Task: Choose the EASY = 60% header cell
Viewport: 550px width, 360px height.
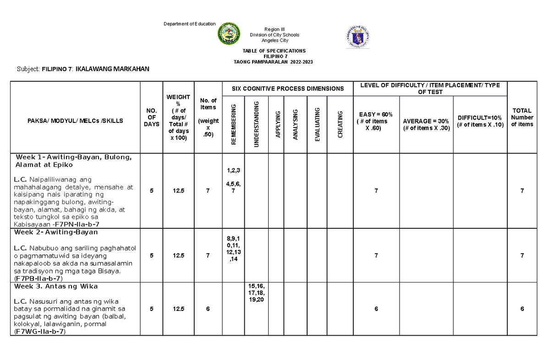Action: pos(376,121)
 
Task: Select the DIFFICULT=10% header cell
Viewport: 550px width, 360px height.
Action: pos(480,122)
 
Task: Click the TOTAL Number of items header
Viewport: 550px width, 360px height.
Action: pos(522,117)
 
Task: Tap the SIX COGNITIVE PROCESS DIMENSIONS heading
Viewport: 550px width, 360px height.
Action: pos(287,88)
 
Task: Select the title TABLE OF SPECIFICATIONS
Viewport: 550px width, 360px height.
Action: pos(273,51)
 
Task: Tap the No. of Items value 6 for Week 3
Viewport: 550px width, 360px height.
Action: pos(208,309)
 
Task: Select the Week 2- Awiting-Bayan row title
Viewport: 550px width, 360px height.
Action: pos(56,232)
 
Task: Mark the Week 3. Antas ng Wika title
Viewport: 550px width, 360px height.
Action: pos(56,286)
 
